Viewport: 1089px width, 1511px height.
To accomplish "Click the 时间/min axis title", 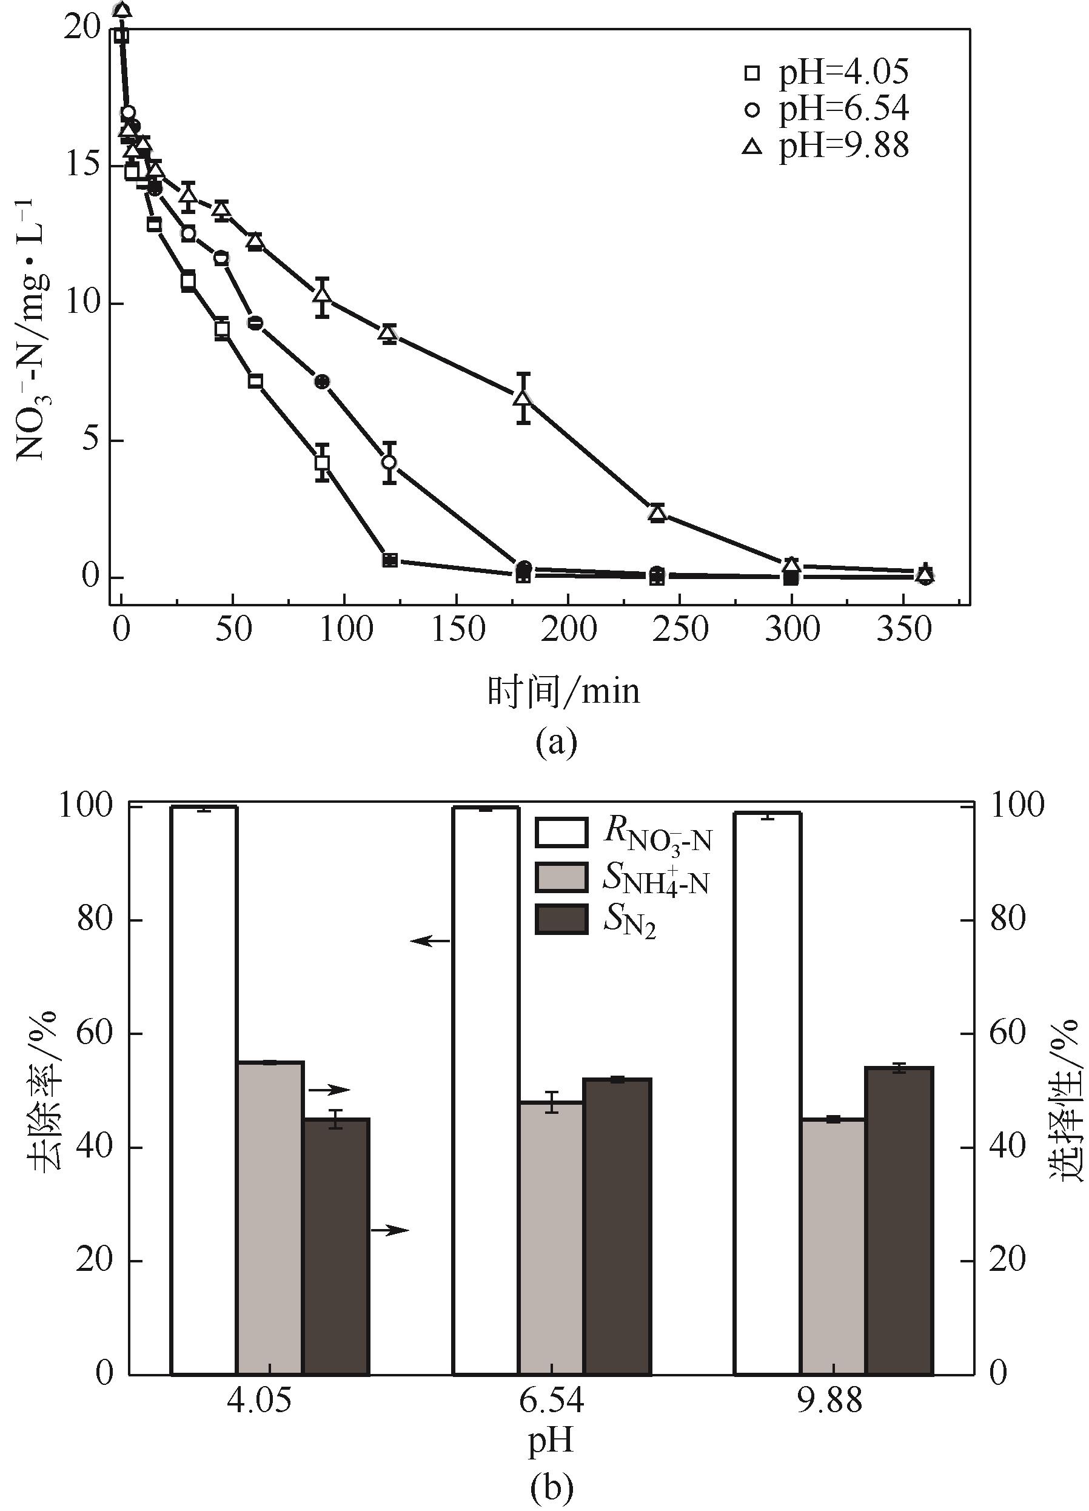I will (563, 692).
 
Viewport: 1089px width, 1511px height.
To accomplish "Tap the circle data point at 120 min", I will (389, 461).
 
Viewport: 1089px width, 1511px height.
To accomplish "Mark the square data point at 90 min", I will (323, 461).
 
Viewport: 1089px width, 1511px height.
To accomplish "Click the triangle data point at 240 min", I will (657, 513).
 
